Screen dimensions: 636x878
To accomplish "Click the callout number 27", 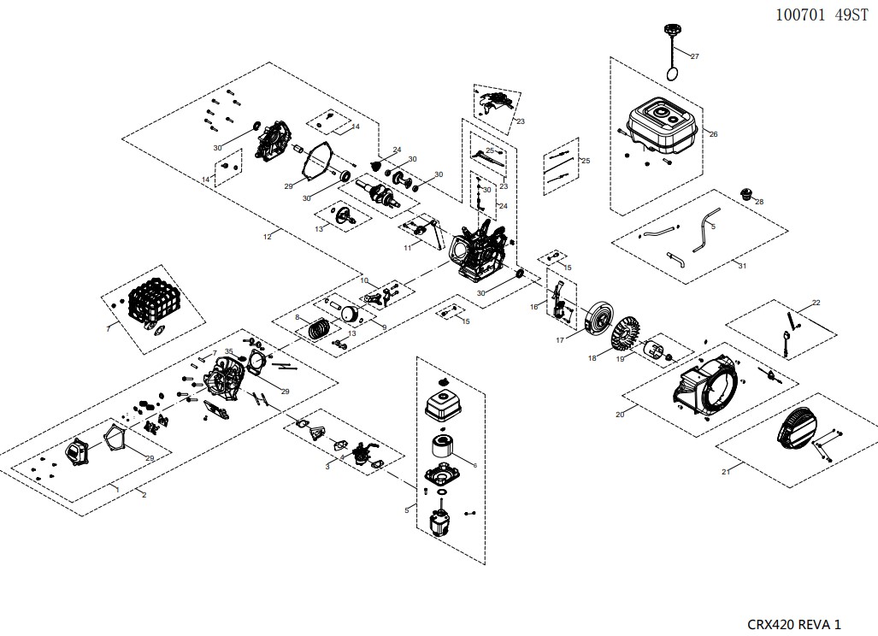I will coord(694,56).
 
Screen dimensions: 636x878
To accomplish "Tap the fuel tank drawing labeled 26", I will coord(666,128).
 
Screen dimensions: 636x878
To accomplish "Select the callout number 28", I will coord(758,202).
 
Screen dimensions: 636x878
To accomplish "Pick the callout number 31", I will coord(742,267).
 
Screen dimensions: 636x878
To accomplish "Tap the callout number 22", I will coord(816,303).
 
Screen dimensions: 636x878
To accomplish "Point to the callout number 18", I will coord(592,359).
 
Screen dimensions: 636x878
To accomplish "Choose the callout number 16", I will coord(534,305).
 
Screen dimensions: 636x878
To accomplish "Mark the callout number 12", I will coord(268,236).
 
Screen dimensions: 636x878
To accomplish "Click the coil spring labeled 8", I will coord(318,327).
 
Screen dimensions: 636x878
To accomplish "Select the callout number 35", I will coord(228,351).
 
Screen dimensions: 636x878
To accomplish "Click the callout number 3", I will coord(327,467).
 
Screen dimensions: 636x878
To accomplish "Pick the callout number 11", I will coord(408,246).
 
